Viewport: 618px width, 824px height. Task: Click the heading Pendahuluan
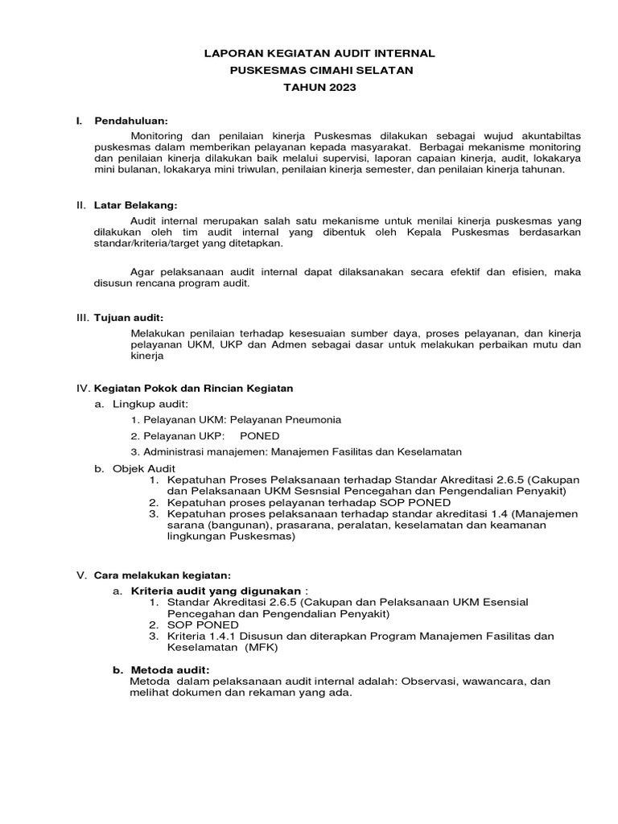(131, 121)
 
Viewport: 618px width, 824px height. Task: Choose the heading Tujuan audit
(129, 319)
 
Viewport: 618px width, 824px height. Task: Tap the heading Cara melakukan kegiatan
(163, 575)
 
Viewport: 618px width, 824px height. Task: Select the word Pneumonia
(311, 419)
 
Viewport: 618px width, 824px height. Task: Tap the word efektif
(444, 271)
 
